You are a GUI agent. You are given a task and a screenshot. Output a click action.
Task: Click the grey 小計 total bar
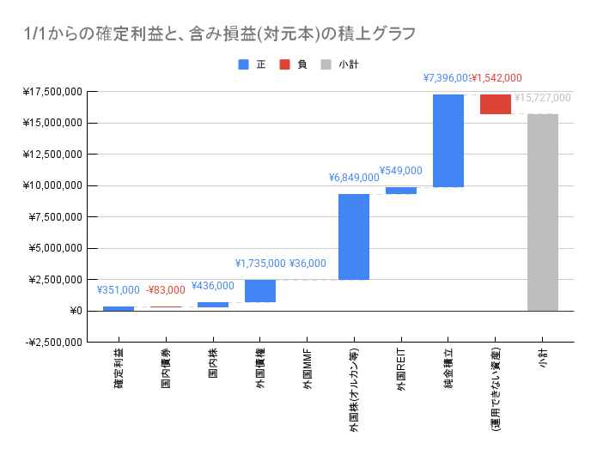pos(543,212)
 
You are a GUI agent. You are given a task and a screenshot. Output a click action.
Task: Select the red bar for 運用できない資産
pos(496,104)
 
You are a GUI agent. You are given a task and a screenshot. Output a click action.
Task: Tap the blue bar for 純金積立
pos(448,141)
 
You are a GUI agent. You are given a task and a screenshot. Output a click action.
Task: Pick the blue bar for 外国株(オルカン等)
pos(354,237)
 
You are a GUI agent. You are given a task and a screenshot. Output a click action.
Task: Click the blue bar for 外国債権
pos(260,291)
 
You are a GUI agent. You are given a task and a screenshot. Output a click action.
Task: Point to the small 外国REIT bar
pos(401,191)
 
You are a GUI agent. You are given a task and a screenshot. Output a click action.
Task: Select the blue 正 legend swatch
pos(244,64)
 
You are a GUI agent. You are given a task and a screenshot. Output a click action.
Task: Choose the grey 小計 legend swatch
pos(326,64)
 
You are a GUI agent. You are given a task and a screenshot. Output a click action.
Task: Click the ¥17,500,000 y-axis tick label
pos(53,92)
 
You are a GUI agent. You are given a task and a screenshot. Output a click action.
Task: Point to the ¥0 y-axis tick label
pos(76,311)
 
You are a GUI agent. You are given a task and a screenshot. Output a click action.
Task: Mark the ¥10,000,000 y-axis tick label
pos(53,185)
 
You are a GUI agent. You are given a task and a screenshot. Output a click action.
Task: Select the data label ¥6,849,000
pos(354,178)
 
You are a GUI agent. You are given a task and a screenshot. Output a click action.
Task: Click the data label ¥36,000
pos(308,264)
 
